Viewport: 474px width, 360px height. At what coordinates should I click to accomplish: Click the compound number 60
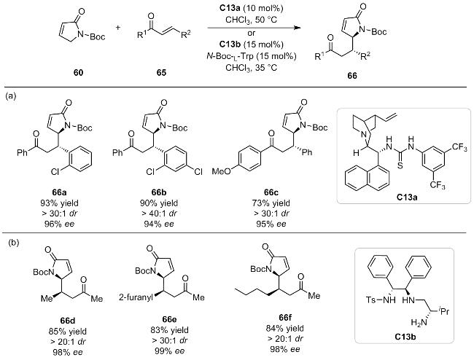(x=78, y=73)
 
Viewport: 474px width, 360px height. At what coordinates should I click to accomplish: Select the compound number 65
(x=161, y=73)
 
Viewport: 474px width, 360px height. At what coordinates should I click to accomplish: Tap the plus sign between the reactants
(x=117, y=28)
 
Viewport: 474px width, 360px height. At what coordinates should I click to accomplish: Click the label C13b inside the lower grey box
(x=405, y=337)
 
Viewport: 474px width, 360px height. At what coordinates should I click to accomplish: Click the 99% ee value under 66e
(x=169, y=351)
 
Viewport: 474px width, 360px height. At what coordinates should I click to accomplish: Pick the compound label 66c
(x=271, y=192)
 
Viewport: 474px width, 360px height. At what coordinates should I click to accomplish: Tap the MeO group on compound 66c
(x=221, y=171)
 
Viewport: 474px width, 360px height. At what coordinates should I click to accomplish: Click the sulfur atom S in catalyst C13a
(x=400, y=165)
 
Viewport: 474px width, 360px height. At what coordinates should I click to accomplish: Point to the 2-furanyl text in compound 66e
(x=136, y=298)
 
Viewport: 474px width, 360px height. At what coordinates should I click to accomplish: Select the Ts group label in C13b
(x=371, y=300)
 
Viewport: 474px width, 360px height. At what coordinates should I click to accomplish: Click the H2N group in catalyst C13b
(x=419, y=323)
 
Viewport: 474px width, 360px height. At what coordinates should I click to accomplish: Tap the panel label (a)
(x=11, y=96)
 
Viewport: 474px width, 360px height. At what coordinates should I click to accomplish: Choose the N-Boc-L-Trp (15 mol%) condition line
(x=251, y=56)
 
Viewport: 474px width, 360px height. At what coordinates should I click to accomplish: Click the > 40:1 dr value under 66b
(x=159, y=214)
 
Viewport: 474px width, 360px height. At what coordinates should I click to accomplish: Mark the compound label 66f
(x=286, y=318)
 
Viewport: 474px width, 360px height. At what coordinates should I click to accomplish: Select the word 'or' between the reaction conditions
(x=251, y=33)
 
